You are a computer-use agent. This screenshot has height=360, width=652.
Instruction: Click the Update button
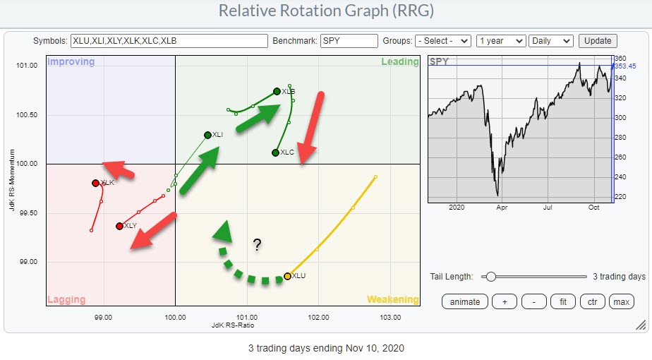[x=597, y=41]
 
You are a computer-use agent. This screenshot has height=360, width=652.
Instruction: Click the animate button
[x=464, y=302]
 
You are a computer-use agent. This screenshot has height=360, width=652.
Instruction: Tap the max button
[x=622, y=302]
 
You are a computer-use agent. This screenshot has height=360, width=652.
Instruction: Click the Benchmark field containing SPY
[x=349, y=41]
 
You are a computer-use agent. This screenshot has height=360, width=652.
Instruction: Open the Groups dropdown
[x=442, y=41]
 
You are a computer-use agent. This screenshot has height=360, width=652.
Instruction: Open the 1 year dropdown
[x=500, y=41]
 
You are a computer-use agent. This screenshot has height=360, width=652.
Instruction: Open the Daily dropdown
[x=551, y=41]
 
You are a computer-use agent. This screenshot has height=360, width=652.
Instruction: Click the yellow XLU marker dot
[x=287, y=276]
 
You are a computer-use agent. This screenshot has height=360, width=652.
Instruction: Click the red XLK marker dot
[x=95, y=183]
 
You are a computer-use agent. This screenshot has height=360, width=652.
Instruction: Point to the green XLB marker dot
[x=277, y=91]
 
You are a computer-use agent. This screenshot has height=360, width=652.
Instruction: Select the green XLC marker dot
[x=275, y=152]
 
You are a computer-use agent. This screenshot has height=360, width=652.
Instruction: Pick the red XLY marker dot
[x=119, y=226]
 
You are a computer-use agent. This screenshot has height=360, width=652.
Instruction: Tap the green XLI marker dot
[x=207, y=135]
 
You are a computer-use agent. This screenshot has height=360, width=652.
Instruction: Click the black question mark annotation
[x=258, y=246]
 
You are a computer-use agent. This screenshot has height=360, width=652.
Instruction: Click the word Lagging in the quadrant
[x=66, y=300]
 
